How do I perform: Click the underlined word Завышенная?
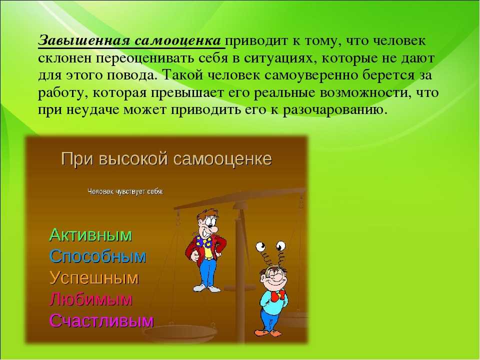click(x=84, y=40)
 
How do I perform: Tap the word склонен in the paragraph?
click(x=65, y=58)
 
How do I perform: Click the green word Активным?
click(x=90, y=235)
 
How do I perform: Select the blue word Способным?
click(x=97, y=256)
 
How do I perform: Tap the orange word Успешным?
click(x=94, y=278)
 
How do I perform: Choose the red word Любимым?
click(x=91, y=299)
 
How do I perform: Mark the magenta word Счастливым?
click(x=101, y=320)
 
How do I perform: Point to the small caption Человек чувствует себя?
click(x=125, y=191)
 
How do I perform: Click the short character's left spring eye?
click(x=261, y=246)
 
